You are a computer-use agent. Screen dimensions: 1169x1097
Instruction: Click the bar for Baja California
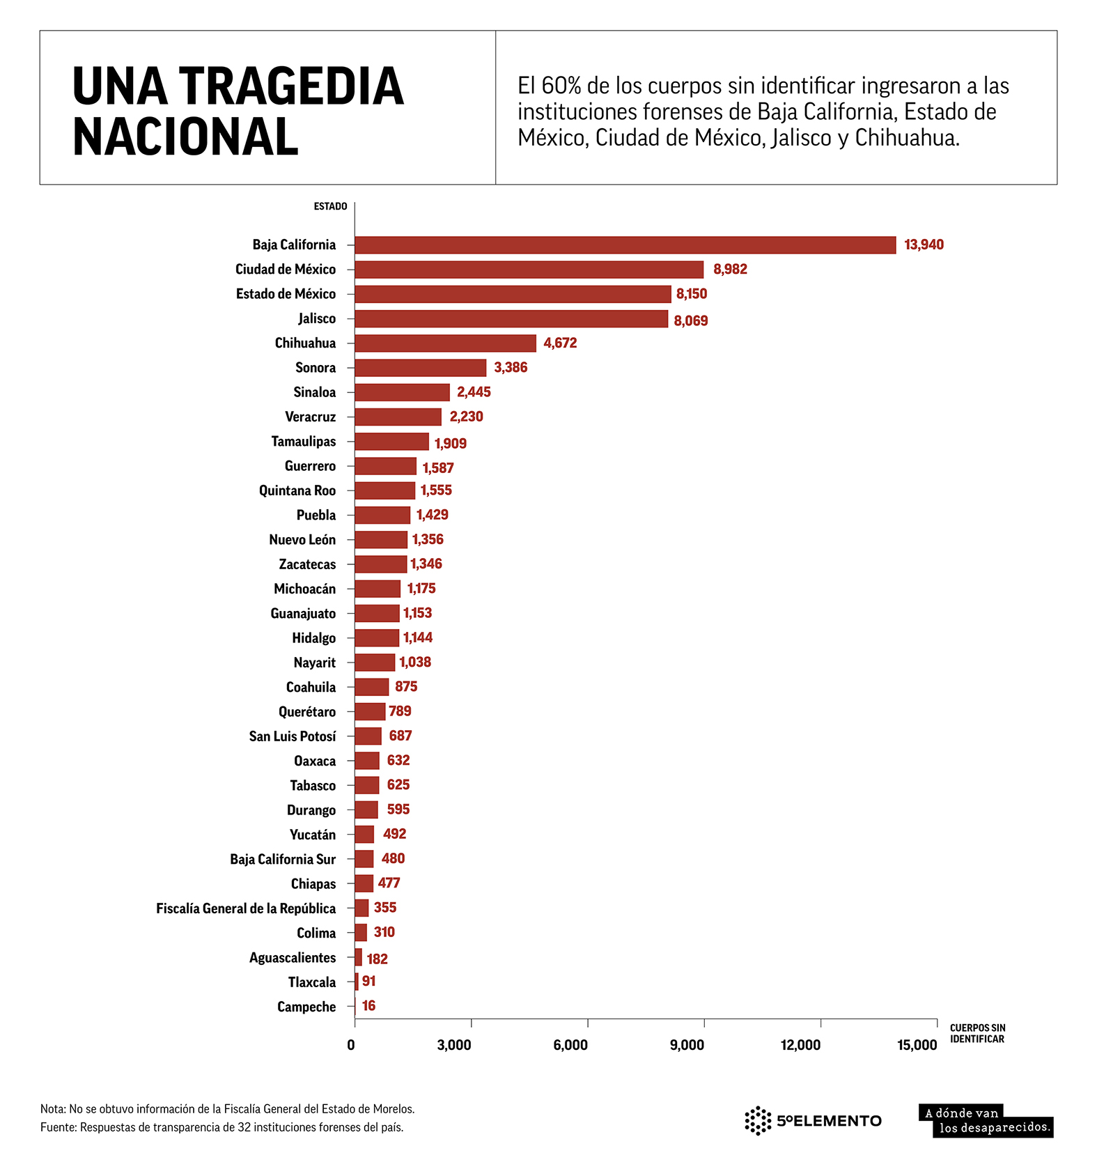625,245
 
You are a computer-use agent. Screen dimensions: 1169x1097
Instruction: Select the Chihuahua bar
445,343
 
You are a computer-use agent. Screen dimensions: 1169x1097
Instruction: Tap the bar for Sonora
420,368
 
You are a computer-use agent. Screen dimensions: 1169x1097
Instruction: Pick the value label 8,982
729,270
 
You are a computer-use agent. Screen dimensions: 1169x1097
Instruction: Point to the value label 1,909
450,444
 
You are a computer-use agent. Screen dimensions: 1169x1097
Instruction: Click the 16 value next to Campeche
368,1006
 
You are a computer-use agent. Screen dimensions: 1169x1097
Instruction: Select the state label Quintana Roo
297,490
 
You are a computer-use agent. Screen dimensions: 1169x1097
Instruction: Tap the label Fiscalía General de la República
245,908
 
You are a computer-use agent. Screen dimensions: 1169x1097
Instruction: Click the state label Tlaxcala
311,982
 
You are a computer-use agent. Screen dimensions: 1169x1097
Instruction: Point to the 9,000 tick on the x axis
687,1045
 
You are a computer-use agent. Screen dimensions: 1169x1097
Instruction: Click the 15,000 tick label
917,1045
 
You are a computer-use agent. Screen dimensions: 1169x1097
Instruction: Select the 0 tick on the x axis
351,1045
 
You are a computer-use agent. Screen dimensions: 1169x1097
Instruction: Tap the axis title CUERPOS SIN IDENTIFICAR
977,1033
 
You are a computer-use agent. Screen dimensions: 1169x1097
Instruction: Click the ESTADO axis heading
330,206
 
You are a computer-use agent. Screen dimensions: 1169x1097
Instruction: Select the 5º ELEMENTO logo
812,1120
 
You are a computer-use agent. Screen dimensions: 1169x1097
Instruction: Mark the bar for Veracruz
398,417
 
